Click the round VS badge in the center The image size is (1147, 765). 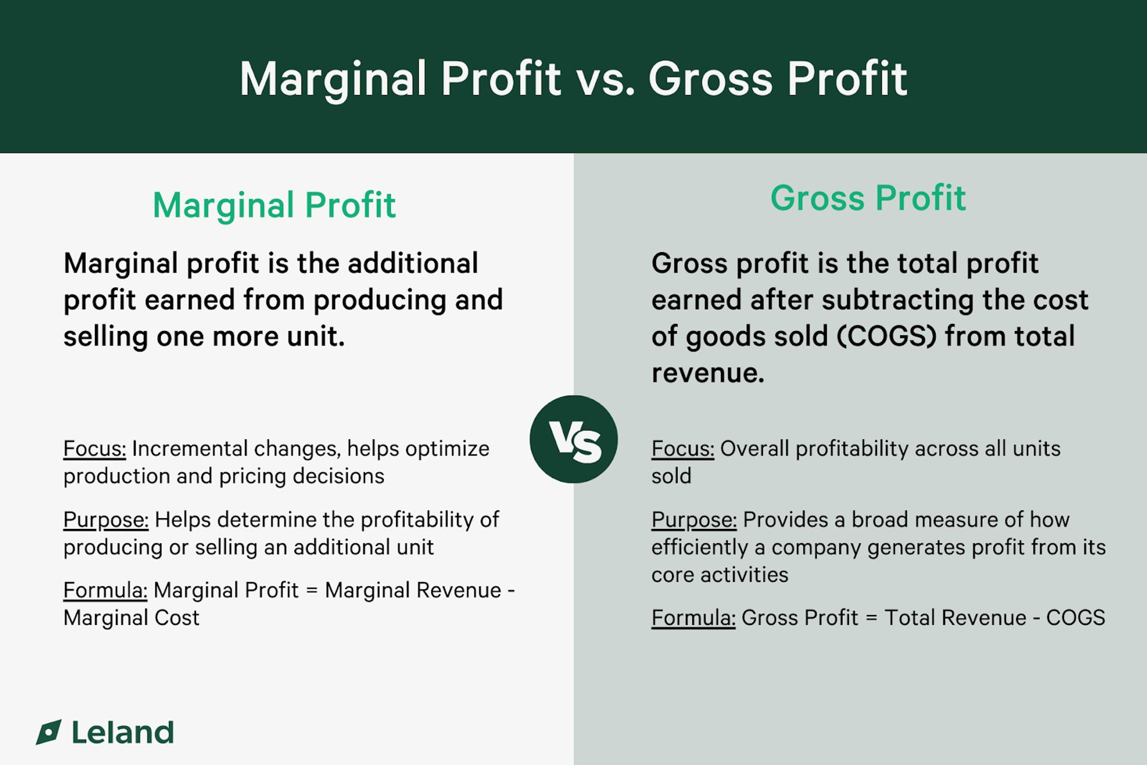click(x=573, y=439)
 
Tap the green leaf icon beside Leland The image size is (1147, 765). click(x=49, y=732)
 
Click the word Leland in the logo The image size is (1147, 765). click(x=122, y=733)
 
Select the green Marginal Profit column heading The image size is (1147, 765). click(x=274, y=205)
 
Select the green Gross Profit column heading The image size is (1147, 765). click(x=867, y=198)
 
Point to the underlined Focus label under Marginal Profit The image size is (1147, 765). click(x=94, y=449)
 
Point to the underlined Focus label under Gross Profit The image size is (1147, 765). click(x=682, y=449)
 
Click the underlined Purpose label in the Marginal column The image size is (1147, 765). click(x=106, y=520)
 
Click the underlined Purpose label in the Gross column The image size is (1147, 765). click(x=694, y=520)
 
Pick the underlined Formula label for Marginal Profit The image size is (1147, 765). click(x=105, y=590)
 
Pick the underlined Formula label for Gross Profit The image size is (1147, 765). click(x=693, y=618)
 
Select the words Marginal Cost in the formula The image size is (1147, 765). click(x=131, y=618)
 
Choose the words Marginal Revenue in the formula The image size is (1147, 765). click(x=413, y=590)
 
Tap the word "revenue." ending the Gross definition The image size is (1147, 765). click(x=707, y=374)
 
